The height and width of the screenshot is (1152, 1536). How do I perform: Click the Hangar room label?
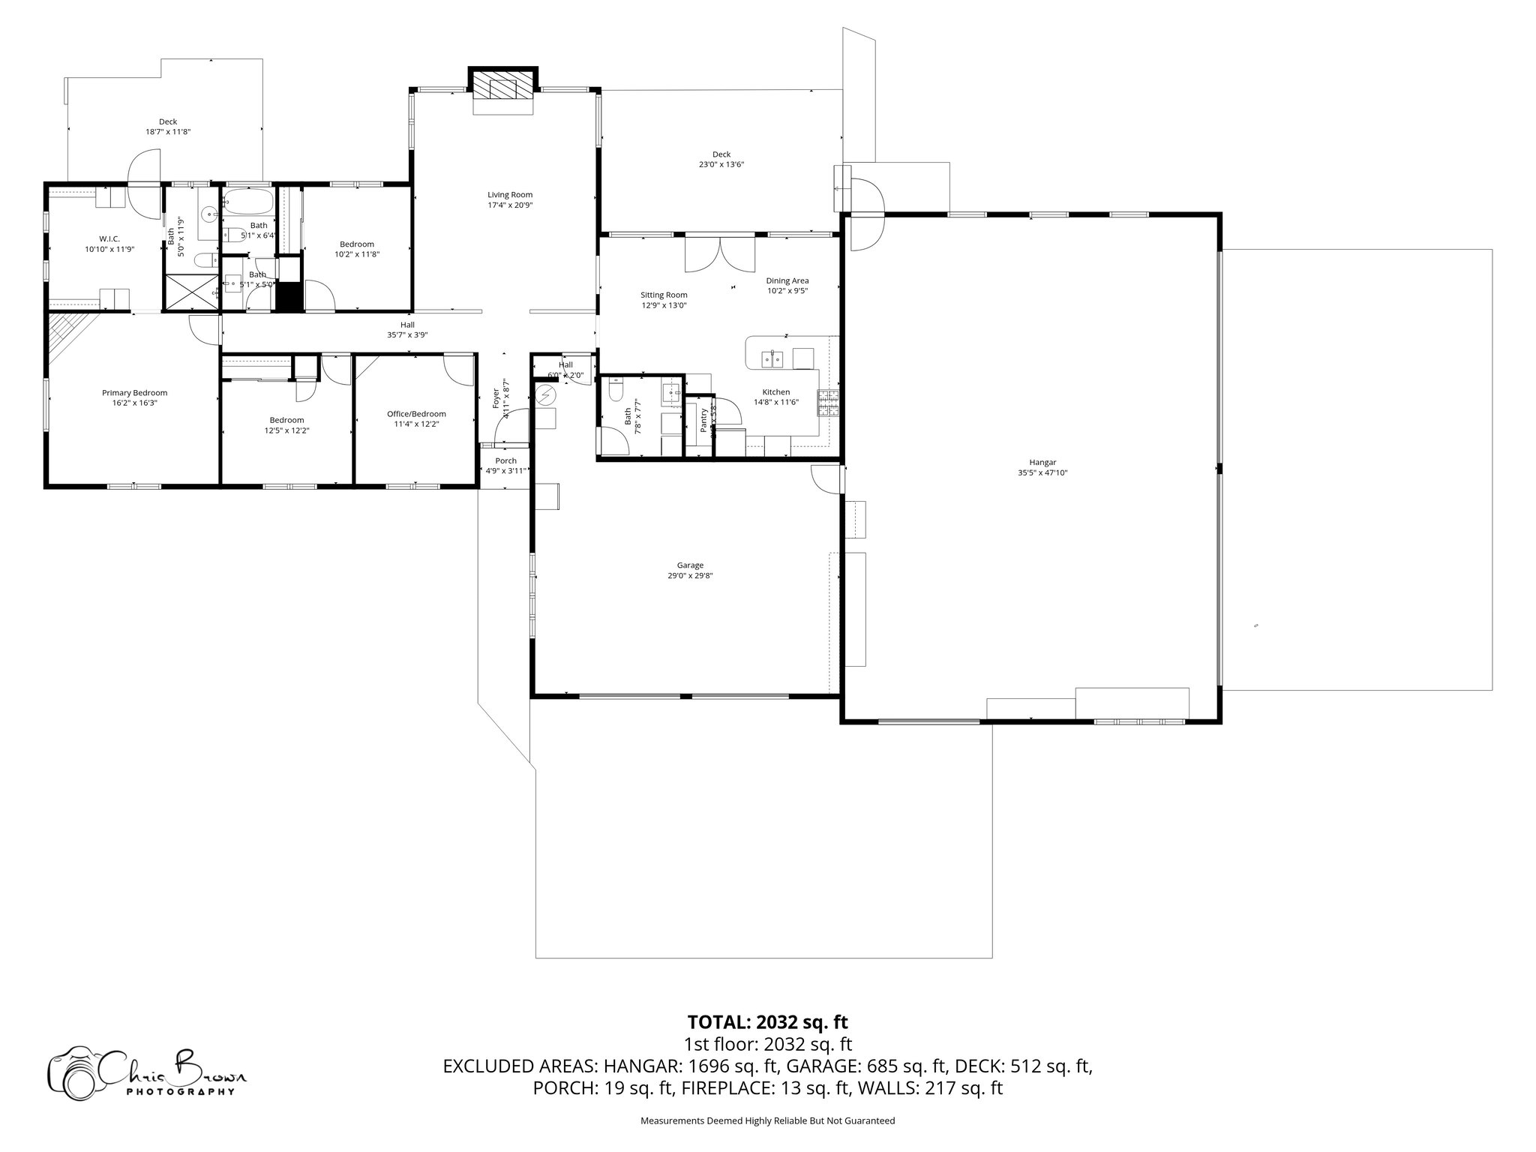1042,462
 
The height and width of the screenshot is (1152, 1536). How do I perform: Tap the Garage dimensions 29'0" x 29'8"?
690,576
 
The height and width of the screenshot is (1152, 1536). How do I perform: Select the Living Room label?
510,195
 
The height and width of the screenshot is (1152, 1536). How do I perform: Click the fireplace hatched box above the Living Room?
503,88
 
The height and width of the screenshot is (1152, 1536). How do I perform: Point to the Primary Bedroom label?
134,392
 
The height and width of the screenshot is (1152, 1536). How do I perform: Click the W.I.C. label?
109,238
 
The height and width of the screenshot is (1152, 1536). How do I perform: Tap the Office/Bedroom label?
416,413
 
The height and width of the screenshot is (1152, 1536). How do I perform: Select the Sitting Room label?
664,295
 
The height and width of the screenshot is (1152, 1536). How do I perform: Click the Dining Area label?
787,280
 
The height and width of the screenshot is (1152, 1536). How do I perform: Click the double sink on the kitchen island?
772,359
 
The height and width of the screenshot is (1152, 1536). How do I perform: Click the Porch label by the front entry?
505,460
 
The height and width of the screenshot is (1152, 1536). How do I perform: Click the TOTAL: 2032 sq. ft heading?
767,1021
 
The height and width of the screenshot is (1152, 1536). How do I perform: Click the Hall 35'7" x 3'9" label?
407,325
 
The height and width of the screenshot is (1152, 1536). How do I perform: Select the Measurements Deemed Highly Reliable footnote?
767,1120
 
